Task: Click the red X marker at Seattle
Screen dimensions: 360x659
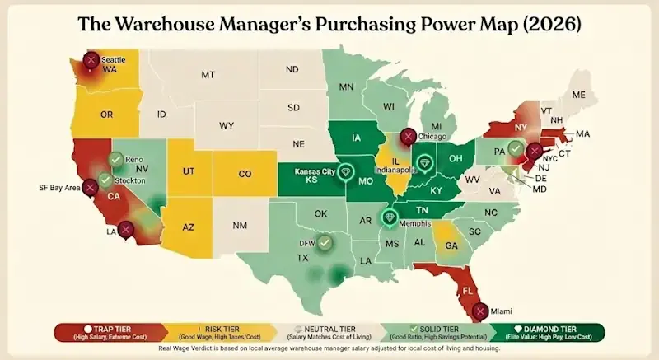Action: (x=91, y=59)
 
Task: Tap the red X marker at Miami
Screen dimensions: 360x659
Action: (x=480, y=311)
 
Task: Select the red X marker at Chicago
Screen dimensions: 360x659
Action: (x=406, y=137)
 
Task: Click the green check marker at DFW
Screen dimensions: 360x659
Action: (x=326, y=242)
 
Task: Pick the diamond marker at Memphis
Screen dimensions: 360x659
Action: (x=390, y=217)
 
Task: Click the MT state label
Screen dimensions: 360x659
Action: (x=208, y=75)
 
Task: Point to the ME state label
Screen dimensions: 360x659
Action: (x=578, y=95)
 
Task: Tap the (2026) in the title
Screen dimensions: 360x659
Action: (x=545, y=24)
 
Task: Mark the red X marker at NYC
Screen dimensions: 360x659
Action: (x=535, y=152)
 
